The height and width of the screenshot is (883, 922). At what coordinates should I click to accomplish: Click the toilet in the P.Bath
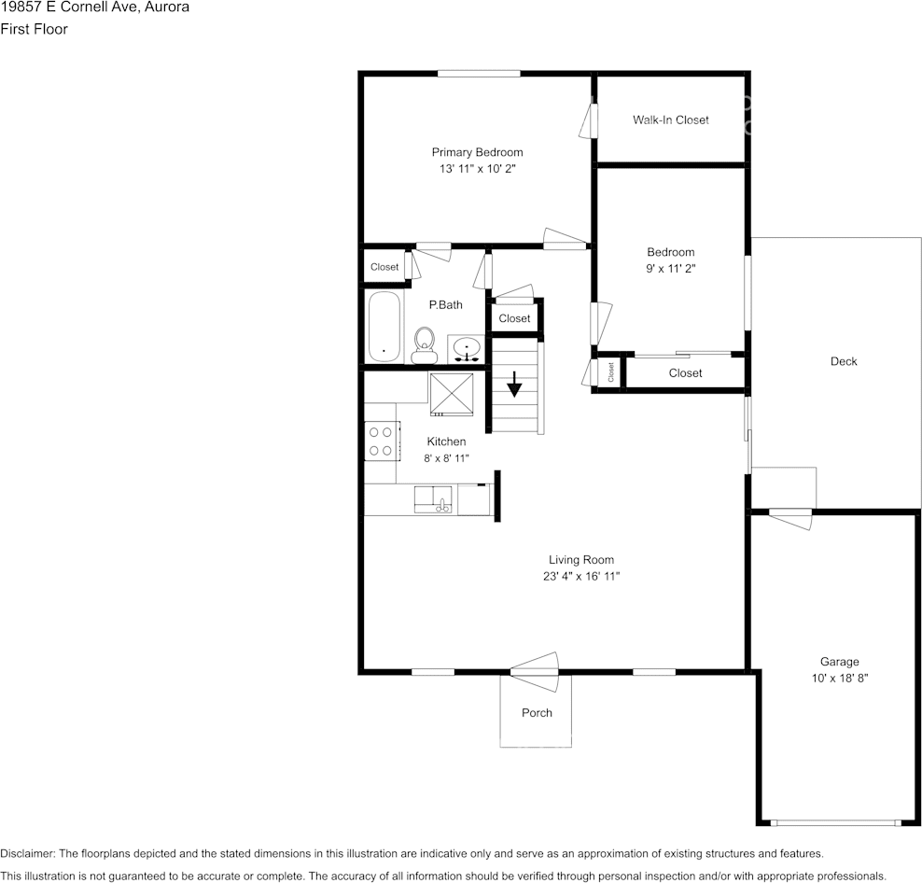425,344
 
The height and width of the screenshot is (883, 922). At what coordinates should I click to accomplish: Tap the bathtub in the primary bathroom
384,327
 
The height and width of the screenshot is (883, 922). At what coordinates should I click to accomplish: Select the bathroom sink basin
466,349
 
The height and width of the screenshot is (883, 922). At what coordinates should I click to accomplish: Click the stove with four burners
380,441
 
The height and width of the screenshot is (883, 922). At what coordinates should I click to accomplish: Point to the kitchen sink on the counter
434,499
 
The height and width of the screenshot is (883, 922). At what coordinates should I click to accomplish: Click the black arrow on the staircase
514,384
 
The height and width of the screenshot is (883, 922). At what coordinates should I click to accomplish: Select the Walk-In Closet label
670,119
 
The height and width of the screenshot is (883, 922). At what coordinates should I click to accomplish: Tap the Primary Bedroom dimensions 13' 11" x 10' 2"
477,169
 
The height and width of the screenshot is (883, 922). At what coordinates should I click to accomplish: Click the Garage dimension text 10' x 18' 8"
840,679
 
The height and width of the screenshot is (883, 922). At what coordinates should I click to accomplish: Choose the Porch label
537,712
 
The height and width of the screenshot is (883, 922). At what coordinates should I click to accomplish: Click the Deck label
844,361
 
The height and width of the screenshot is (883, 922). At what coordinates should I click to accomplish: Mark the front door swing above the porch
535,665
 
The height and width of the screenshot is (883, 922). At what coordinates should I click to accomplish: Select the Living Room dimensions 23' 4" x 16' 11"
580,576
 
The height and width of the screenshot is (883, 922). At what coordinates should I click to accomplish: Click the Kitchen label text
446,441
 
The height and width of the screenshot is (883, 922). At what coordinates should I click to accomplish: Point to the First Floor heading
34,29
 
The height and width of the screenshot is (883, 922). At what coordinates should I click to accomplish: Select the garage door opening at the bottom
835,822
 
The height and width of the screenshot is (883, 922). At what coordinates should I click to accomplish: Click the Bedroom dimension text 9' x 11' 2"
670,268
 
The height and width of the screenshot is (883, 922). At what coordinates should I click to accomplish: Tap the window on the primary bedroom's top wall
479,73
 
